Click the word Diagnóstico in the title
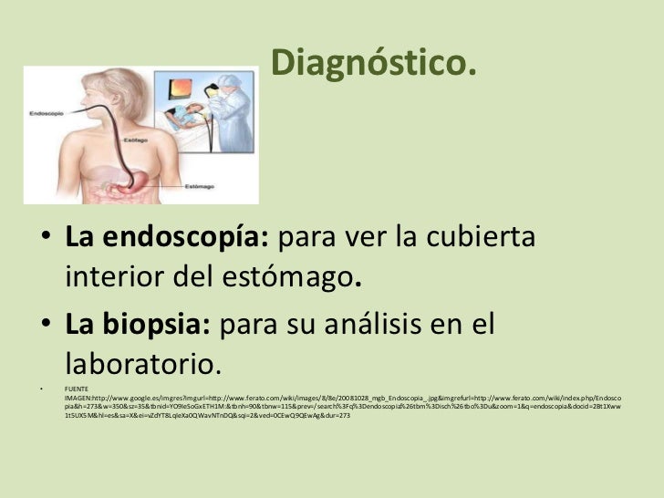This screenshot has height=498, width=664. point(374,62)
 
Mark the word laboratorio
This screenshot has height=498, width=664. point(142,363)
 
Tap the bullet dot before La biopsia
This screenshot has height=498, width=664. point(45,326)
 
